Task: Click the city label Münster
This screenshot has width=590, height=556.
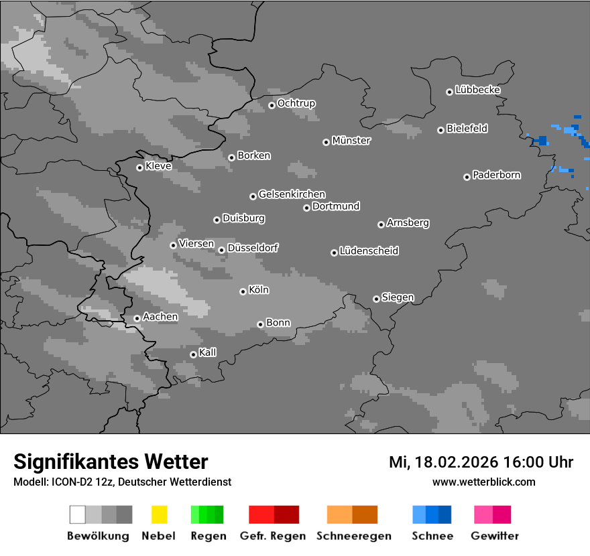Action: click(351, 141)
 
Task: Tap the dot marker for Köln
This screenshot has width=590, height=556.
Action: click(243, 291)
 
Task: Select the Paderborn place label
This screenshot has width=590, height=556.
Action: click(497, 175)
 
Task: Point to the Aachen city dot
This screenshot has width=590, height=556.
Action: click(137, 318)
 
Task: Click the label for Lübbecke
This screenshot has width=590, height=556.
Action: click(477, 90)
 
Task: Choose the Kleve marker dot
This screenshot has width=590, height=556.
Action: click(139, 167)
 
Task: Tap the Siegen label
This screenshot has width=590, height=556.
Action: click(398, 297)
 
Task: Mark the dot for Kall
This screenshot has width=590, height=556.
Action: click(193, 354)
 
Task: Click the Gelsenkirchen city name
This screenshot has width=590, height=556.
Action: click(292, 194)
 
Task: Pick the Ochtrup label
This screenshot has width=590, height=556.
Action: click(296, 103)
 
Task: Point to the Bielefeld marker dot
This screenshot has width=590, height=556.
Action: click(440, 130)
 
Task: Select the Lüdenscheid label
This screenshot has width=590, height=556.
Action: click(369, 251)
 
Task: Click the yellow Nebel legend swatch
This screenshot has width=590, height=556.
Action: click(159, 514)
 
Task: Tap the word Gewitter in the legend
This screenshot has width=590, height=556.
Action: click(495, 536)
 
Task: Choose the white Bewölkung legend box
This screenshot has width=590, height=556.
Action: click(78, 514)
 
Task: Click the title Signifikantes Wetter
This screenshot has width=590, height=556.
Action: click(111, 462)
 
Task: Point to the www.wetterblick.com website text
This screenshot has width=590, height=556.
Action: click(484, 482)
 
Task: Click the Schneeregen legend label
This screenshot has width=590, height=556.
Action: click(353, 536)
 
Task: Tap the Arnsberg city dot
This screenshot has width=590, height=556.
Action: click(381, 224)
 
